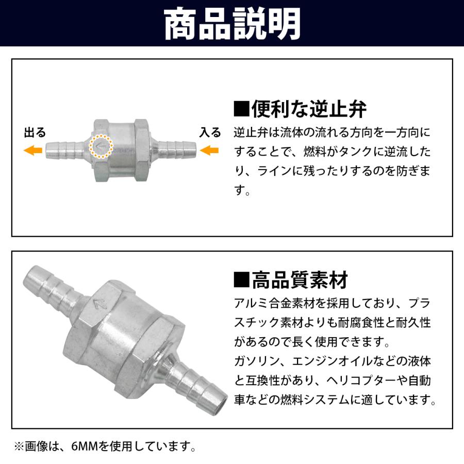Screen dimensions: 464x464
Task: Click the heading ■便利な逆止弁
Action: [x=300, y=109]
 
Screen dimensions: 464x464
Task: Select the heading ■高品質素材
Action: [x=291, y=281]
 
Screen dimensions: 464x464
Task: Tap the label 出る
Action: [x=35, y=133]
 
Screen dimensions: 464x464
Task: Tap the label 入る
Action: [x=210, y=133]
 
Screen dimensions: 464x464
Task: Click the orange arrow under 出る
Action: [x=34, y=151]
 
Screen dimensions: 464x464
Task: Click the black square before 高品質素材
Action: [x=241, y=281]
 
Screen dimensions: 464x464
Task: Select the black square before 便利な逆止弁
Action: [x=241, y=110]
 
